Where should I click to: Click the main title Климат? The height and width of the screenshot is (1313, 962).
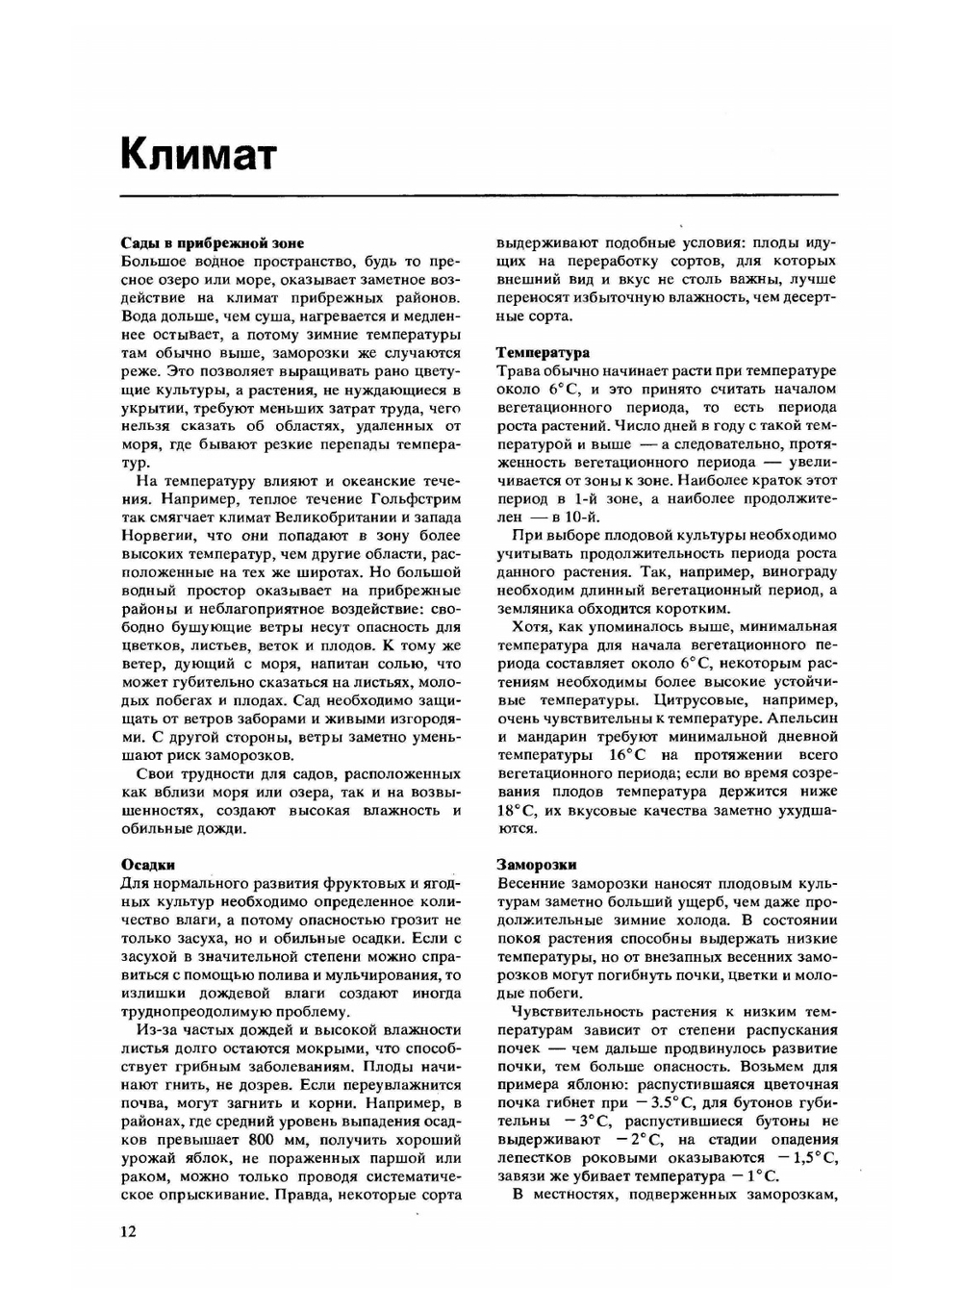coord(198,154)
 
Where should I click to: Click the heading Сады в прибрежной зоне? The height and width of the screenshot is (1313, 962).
coord(213,243)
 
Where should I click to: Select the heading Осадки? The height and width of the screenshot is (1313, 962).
coord(148,865)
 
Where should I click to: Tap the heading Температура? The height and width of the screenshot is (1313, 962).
coord(543,353)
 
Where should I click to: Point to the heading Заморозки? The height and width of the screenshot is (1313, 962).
coord(537,865)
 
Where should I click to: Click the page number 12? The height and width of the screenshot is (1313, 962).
coord(129,1232)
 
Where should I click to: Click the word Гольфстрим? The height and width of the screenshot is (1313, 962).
coord(416,499)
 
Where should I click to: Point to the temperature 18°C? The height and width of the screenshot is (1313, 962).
coord(518,810)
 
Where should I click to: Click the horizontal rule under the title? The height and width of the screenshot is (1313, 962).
coord(479,196)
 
